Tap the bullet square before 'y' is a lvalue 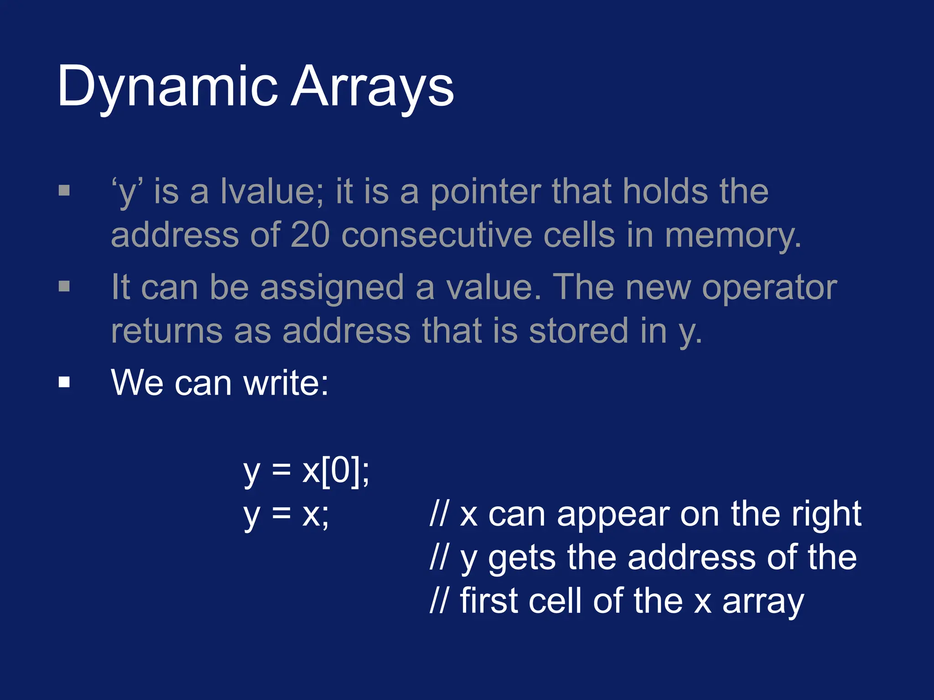[x=64, y=190]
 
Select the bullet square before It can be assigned [x=64, y=286]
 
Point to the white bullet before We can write [x=64, y=382]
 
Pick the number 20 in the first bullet [x=310, y=235]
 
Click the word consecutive [x=436, y=235]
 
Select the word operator [x=769, y=288]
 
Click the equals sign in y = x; [x=281, y=515]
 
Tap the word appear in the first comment [x=613, y=515]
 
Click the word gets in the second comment [x=522, y=559]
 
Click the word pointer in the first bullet [x=485, y=191]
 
